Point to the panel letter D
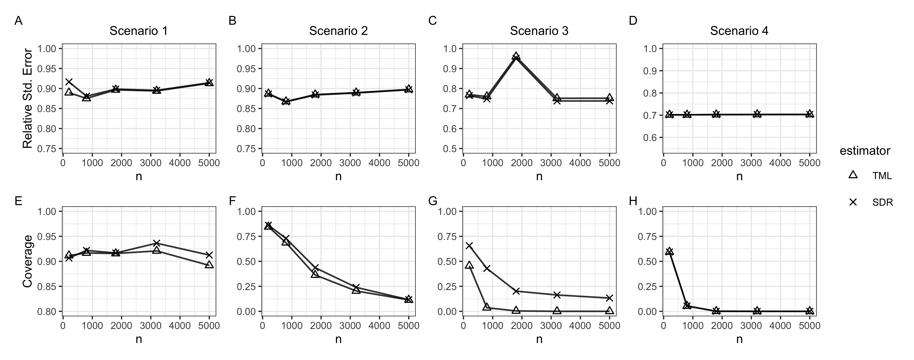point(633,20)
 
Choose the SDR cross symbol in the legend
point(853,202)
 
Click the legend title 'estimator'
point(865,151)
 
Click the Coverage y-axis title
point(28,261)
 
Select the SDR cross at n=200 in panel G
point(469,245)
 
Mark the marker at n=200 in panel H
point(669,251)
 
